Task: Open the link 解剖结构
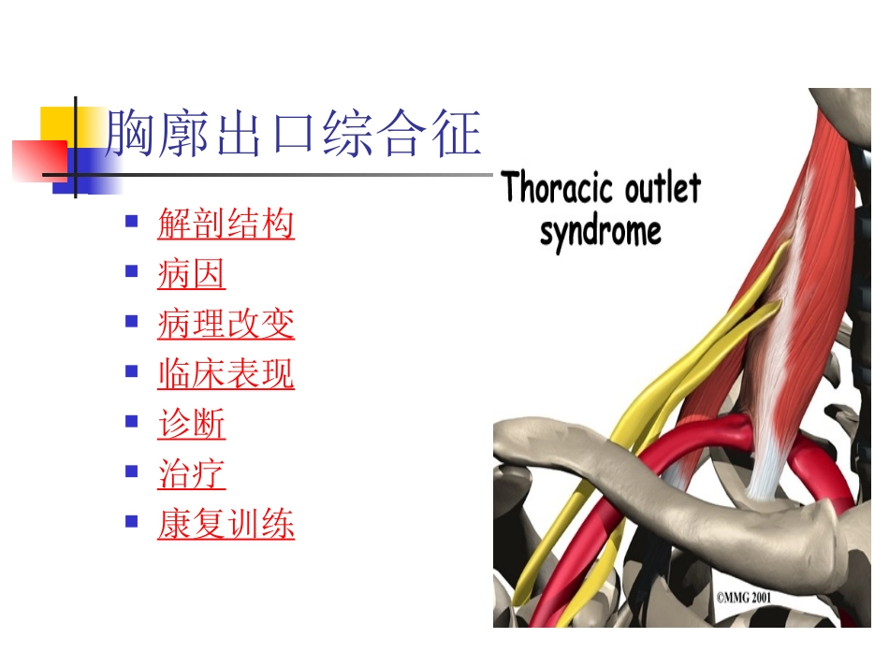point(226,225)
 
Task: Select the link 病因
point(191,274)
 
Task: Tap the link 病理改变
point(226,324)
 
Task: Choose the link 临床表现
point(226,374)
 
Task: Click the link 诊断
point(191,424)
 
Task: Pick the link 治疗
point(191,474)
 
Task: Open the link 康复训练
point(226,524)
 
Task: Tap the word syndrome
point(600,231)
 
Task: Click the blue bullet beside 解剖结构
point(132,223)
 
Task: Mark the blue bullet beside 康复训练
point(132,521)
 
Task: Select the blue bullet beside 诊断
point(132,422)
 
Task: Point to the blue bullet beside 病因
point(132,272)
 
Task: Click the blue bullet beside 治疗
point(132,471)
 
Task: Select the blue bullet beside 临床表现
point(132,372)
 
